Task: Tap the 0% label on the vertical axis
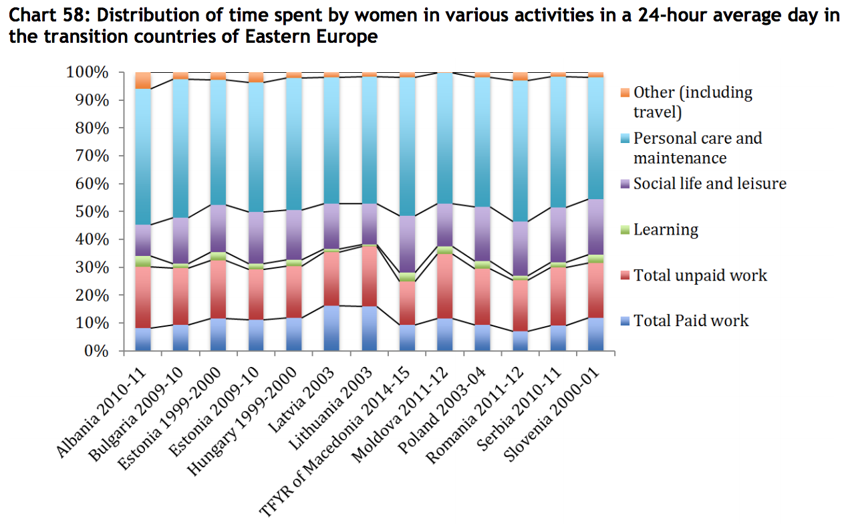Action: [x=96, y=351]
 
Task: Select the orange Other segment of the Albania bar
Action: [x=143, y=80]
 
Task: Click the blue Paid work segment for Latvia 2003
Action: [x=331, y=328]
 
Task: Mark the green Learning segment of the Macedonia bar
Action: [x=406, y=277]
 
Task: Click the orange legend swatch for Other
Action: [x=624, y=92]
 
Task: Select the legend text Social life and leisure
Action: [x=710, y=184]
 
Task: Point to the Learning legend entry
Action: [x=666, y=230]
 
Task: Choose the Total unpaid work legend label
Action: [x=700, y=275]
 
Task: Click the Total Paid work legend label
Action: [x=691, y=321]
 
